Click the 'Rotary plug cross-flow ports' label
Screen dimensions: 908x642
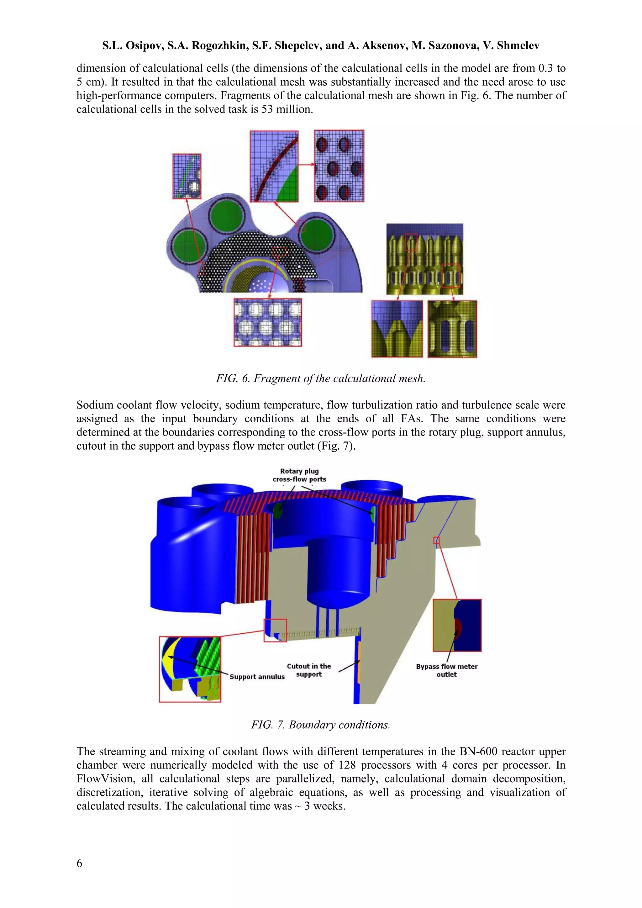pos(299,475)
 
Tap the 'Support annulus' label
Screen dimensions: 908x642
pos(257,677)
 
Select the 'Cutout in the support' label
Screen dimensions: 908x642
pos(309,670)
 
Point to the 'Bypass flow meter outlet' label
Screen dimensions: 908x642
pos(447,670)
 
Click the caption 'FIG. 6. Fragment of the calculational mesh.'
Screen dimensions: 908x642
pos(321,378)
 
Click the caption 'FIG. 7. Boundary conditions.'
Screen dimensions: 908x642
pos(321,725)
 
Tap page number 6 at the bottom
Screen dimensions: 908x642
pos(79,863)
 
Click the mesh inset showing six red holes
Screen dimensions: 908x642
pos(339,166)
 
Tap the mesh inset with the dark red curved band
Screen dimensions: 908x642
pos(274,166)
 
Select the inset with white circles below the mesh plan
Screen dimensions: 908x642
pos(268,322)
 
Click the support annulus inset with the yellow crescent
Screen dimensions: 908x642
pos(190,669)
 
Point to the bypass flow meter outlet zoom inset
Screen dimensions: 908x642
pos(457,625)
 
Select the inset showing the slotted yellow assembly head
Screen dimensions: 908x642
pos(452,329)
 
